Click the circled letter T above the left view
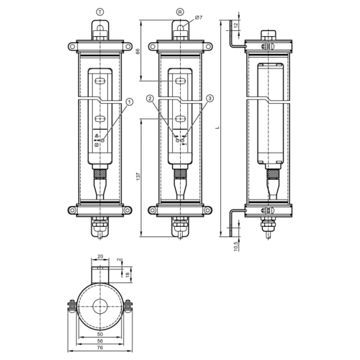click(99, 12)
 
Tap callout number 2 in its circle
click(149, 99)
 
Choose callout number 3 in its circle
click(210, 99)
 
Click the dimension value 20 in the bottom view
click(100, 256)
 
